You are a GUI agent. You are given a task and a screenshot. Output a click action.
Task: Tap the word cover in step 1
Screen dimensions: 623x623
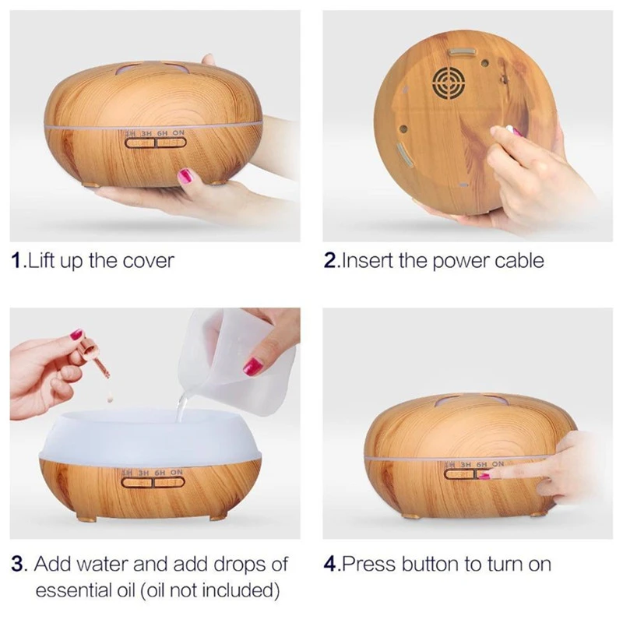pos(148,260)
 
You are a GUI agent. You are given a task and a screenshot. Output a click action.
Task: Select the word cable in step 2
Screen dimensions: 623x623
pos(517,260)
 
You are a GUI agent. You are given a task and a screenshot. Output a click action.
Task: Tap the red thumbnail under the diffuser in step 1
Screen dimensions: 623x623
pos(185,176)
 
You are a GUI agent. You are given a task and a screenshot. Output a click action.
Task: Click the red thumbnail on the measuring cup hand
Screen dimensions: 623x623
pos(252,365)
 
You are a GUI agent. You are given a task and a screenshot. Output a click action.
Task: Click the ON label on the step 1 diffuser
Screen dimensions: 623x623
pos(178,134)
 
